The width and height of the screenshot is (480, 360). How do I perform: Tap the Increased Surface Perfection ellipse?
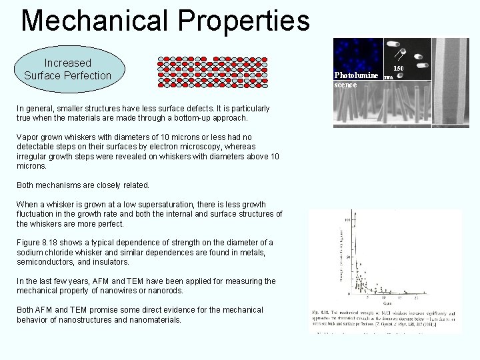(x=67, y=69)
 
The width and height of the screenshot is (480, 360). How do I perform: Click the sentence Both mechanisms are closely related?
(x=83, y=185)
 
